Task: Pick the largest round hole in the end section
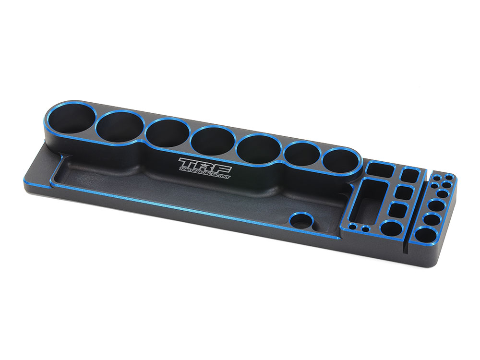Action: coord(427,235)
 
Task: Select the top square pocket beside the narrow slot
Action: coord(409,175)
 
